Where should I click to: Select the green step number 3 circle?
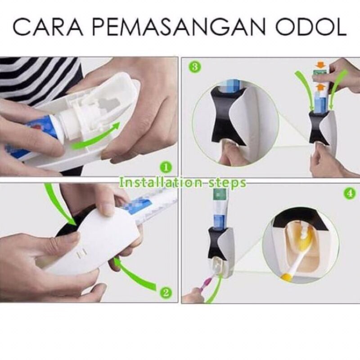click(x=195, y=67)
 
